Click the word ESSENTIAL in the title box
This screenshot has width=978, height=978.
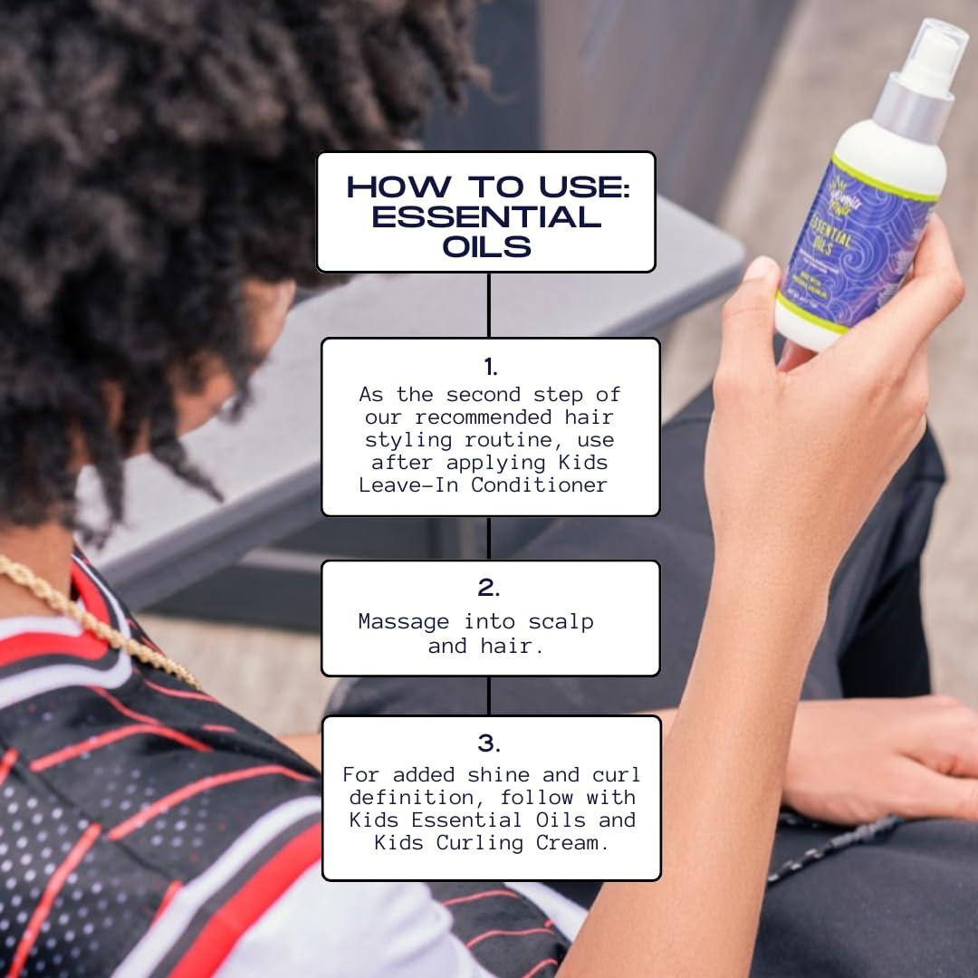point(486,217)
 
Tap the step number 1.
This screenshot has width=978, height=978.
point(490,367)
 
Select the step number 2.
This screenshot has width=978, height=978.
point(489,588)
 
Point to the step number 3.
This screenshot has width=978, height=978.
point(489,743)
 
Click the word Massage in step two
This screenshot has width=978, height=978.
point(404,621)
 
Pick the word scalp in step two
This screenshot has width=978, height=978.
point(561,622)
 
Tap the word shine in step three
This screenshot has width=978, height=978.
point(499,775)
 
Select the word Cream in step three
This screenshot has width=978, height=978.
point(576,842)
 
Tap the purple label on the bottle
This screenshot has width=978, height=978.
point(860,240)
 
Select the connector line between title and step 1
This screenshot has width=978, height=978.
point(489,304)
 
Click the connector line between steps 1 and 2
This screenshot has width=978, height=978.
point(489,538)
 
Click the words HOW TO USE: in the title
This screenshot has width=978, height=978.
point(486,187)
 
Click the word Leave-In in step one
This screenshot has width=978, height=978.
point(403,484)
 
